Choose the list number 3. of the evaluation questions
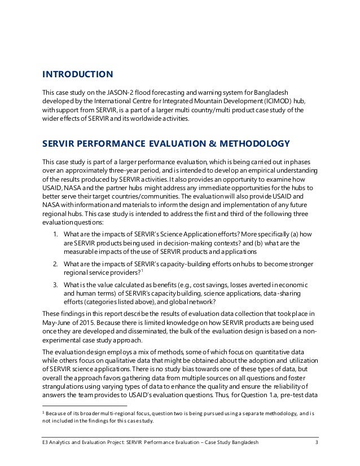54,283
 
